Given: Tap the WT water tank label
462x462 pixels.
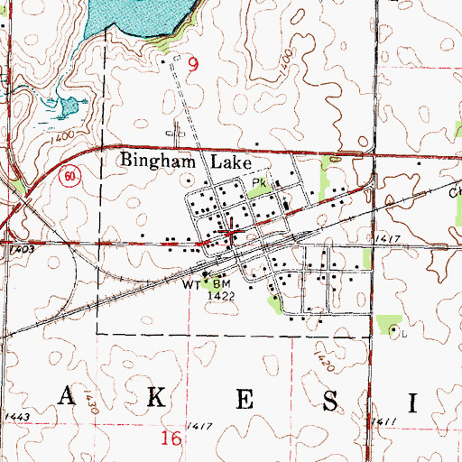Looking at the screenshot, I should coord(190,282).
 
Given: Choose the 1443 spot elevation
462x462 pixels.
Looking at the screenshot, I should coord(16,416).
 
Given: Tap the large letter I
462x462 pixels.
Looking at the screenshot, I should coord(414,400).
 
